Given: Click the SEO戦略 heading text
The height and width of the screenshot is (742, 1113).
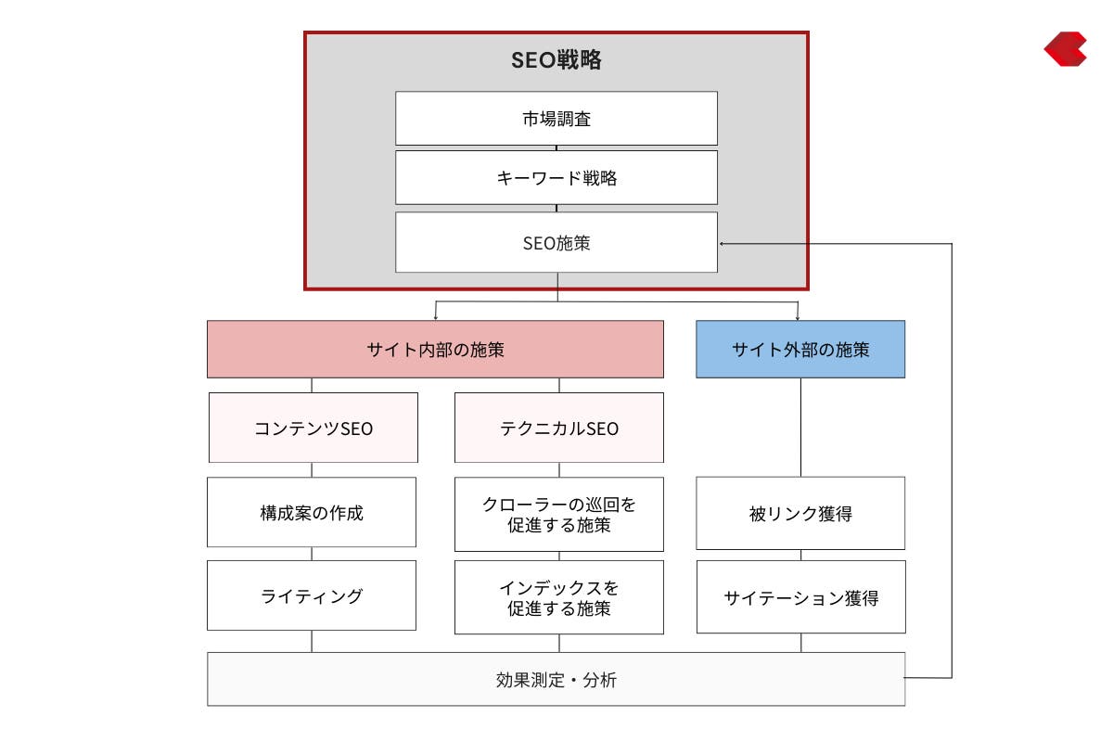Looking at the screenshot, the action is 556,60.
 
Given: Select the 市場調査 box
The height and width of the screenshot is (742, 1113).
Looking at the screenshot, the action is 556,119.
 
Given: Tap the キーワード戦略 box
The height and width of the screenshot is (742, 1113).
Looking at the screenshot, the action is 556,177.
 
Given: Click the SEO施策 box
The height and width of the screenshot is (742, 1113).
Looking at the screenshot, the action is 556,242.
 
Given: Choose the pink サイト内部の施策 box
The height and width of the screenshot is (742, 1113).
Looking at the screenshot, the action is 435,350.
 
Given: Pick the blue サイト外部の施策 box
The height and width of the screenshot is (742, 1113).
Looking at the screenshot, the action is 800,350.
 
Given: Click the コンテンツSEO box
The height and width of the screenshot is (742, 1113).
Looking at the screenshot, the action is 313,428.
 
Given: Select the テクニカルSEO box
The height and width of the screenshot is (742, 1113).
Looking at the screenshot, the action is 559,428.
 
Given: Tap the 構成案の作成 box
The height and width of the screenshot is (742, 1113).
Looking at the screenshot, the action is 312,512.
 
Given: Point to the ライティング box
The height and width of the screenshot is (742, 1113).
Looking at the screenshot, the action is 312,595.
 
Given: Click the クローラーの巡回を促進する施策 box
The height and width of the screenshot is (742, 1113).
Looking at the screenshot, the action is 559,515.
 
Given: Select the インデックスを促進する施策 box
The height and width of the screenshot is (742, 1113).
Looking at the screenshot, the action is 559,597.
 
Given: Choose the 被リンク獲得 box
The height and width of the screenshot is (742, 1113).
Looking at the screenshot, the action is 800,514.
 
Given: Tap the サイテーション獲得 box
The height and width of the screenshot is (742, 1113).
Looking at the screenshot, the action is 801,597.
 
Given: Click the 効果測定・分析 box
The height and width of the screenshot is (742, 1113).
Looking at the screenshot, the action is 556,679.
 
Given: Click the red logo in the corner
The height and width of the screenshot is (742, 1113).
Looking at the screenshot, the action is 1066,49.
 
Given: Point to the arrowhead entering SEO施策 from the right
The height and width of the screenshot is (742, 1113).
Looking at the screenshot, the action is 722,244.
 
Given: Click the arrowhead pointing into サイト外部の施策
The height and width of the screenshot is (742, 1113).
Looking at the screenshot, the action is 798,318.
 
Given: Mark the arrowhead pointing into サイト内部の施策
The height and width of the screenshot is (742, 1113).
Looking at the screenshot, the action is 435,318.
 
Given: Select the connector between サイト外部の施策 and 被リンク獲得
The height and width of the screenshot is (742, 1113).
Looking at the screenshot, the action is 800,428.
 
